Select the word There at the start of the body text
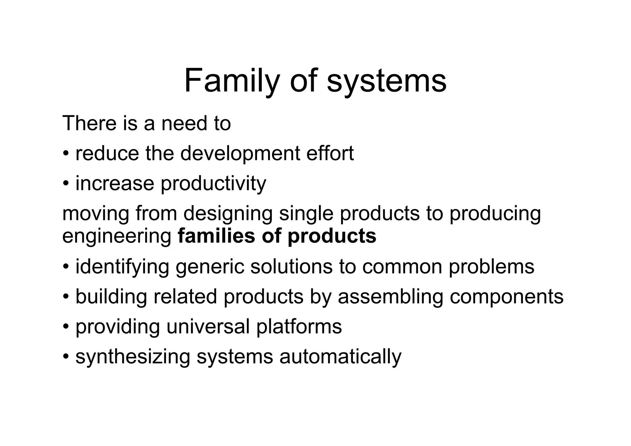coord(89,123)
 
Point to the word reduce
coord(107,153)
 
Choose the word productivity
coord(213,184)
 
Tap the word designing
coord(228,214)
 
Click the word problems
coord(491,267)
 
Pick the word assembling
coord(390,297)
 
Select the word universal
coord(208,326)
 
